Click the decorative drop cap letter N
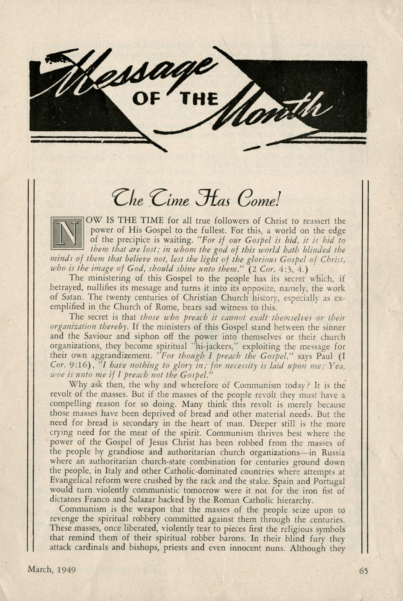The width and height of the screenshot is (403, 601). pos(67,233)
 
